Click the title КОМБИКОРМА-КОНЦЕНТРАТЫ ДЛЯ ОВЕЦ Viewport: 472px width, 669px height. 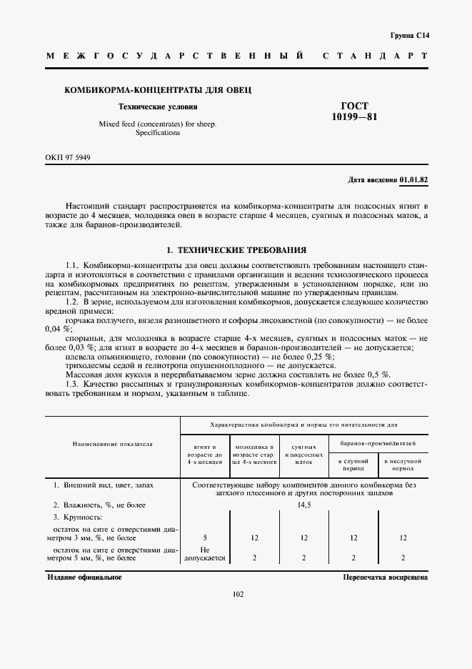point(158,90)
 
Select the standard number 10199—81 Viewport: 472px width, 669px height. point(355,117)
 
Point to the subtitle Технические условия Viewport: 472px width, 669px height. point(158,107)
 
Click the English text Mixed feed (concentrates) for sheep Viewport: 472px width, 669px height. point(158,124)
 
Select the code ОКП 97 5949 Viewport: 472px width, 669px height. point(68,157)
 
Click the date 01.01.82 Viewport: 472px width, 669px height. point(414,179)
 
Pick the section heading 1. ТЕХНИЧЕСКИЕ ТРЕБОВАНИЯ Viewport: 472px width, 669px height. point(236,250)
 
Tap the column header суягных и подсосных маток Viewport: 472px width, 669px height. point(303,453)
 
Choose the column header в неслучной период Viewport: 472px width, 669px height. point(403,465)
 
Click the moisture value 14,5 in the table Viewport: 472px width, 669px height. point(304,505)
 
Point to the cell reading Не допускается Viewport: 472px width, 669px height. point(205,554)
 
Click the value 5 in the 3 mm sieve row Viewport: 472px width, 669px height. point(205,537)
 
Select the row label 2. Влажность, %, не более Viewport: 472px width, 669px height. point(100,505)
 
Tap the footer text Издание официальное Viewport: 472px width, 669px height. point(84,577)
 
